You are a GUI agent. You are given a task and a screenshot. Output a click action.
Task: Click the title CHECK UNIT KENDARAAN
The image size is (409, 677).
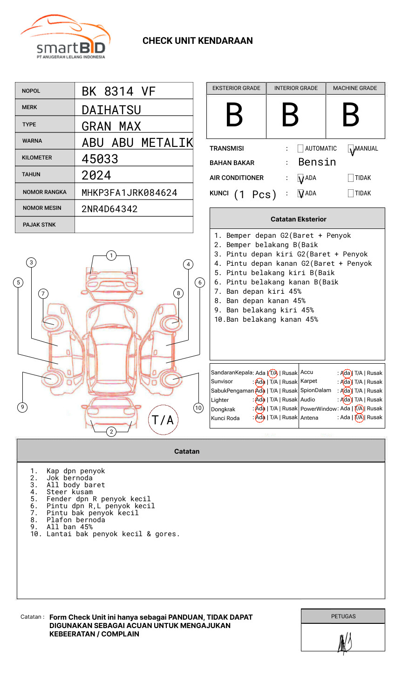pos(198,41)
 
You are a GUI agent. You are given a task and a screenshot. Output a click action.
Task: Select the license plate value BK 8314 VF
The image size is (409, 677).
pos(118,91)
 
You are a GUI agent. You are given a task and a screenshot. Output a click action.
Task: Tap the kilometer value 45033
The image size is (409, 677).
pos(100,159)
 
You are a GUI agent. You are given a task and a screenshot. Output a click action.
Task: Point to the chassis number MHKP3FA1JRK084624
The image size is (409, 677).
pos(129,193)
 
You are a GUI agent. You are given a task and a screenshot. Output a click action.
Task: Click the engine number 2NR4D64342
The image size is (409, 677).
pos(109,209)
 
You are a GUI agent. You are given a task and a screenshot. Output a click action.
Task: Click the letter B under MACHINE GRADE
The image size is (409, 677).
pos(350,115)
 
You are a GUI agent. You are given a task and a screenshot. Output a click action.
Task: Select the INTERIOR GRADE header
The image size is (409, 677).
pos(296,88)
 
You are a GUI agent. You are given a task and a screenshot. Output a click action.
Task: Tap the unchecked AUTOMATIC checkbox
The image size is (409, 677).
pos(300,149)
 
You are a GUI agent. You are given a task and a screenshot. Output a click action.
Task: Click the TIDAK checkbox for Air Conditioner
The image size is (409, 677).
pos(351,178)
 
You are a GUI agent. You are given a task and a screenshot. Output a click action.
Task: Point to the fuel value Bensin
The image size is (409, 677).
pos(317,162)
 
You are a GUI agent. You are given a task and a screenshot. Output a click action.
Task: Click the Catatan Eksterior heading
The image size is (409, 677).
pos(298,219)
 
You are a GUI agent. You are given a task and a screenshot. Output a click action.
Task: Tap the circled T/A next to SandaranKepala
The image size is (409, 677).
pos(273,373)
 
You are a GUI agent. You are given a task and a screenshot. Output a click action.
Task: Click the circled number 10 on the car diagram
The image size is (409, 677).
pos(198,408)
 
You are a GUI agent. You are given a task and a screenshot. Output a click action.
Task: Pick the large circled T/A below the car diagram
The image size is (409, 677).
pos(163,420)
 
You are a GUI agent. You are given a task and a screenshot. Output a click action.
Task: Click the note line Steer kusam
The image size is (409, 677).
pos(69,492)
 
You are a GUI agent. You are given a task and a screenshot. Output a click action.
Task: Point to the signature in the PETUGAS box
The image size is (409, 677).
pos(344,643)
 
